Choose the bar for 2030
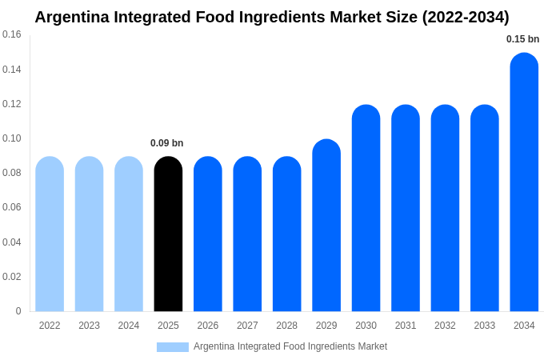coord(366,208)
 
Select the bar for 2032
coord(445,208)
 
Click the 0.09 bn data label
coord(166,143)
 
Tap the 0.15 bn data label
coord(522,39)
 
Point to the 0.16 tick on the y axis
coord(12,34)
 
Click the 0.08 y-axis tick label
coord(12,173)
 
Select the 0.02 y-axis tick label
coord(12,277)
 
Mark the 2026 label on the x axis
coord(208,326)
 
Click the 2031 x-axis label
coord(406,326)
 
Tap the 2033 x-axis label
coord(484,326)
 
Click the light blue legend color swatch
coord(173,347)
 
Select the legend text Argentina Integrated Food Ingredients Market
coord(290,346)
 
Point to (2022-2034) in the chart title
coord(466,17)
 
